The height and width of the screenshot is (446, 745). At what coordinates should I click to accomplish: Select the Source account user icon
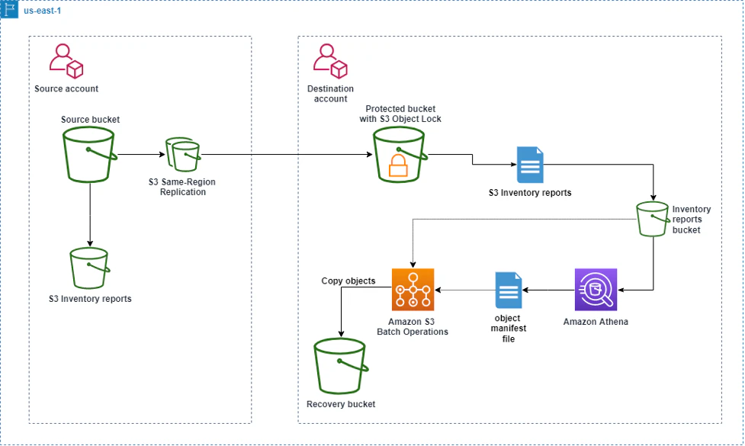pyautogui.click(x=66, y=62)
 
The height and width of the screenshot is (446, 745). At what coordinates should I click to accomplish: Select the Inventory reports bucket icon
pyautogui.click(x=653, y=220)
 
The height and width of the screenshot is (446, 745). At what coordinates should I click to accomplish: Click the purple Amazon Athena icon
pyautogui.click(x=596, y=290)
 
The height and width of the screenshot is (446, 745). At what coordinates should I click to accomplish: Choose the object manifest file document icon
pyautogui.click(x=508, y=290)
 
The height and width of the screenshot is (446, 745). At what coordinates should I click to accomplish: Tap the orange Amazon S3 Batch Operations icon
pyautogui.click(x=413, y=290)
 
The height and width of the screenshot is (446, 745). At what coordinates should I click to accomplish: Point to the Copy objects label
pyautogui.click(x=348, y=281)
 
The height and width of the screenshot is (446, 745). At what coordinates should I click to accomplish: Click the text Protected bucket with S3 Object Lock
pyautogui.click(x=400, y=114)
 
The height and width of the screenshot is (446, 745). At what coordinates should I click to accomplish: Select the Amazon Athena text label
pyautogui.click(x=596, y=322)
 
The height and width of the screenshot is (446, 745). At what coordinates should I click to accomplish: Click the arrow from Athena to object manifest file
pyautogui.click(x=548, y=290)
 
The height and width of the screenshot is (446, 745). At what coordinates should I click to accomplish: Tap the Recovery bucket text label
pyautogui.click(x=341, y=404)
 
